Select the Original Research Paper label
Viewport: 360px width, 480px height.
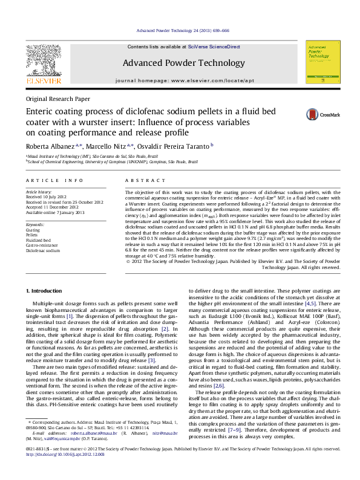pos(57,99)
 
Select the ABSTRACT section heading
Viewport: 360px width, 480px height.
pos(140,180)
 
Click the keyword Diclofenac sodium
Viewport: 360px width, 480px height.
pos(43,250)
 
